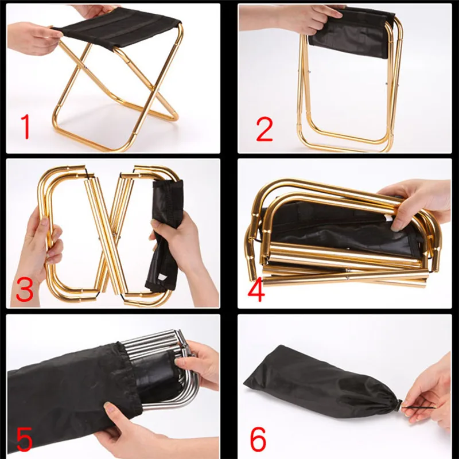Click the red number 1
click(x=26, y=126)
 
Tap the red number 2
click(x=264, y=129)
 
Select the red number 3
click(x=25, y=290)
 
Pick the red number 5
click(x=24, y=439)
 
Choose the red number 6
click(x=258, y=439)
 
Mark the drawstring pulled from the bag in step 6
click(x=419, y=407)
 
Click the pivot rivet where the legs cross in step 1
click(x=85, y=68)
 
